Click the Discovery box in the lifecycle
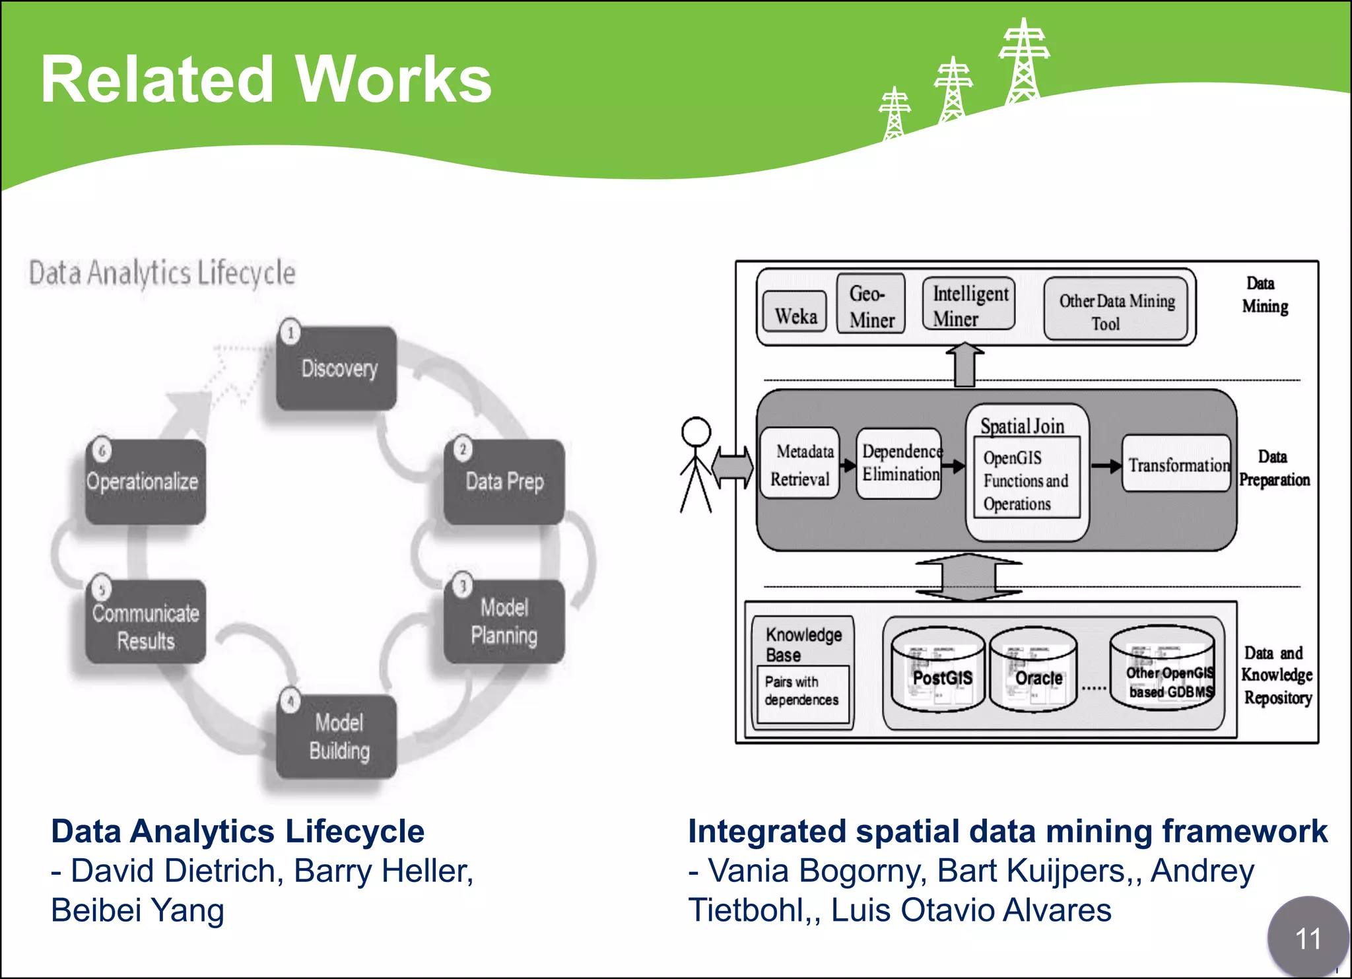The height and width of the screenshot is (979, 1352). (x=337, y=368)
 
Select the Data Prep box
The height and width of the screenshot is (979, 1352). (x=504, y=482)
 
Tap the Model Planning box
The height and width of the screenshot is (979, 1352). (x=504, y=622)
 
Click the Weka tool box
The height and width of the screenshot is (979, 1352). (x=795, y=312)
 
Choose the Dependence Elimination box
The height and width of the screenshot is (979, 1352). (x=900, y=463)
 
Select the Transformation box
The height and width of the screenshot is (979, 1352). (x=1177, y=463)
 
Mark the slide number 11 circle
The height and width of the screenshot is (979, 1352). (x=1307, y=937)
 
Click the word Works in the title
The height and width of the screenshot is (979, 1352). (x=393, y=80)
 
